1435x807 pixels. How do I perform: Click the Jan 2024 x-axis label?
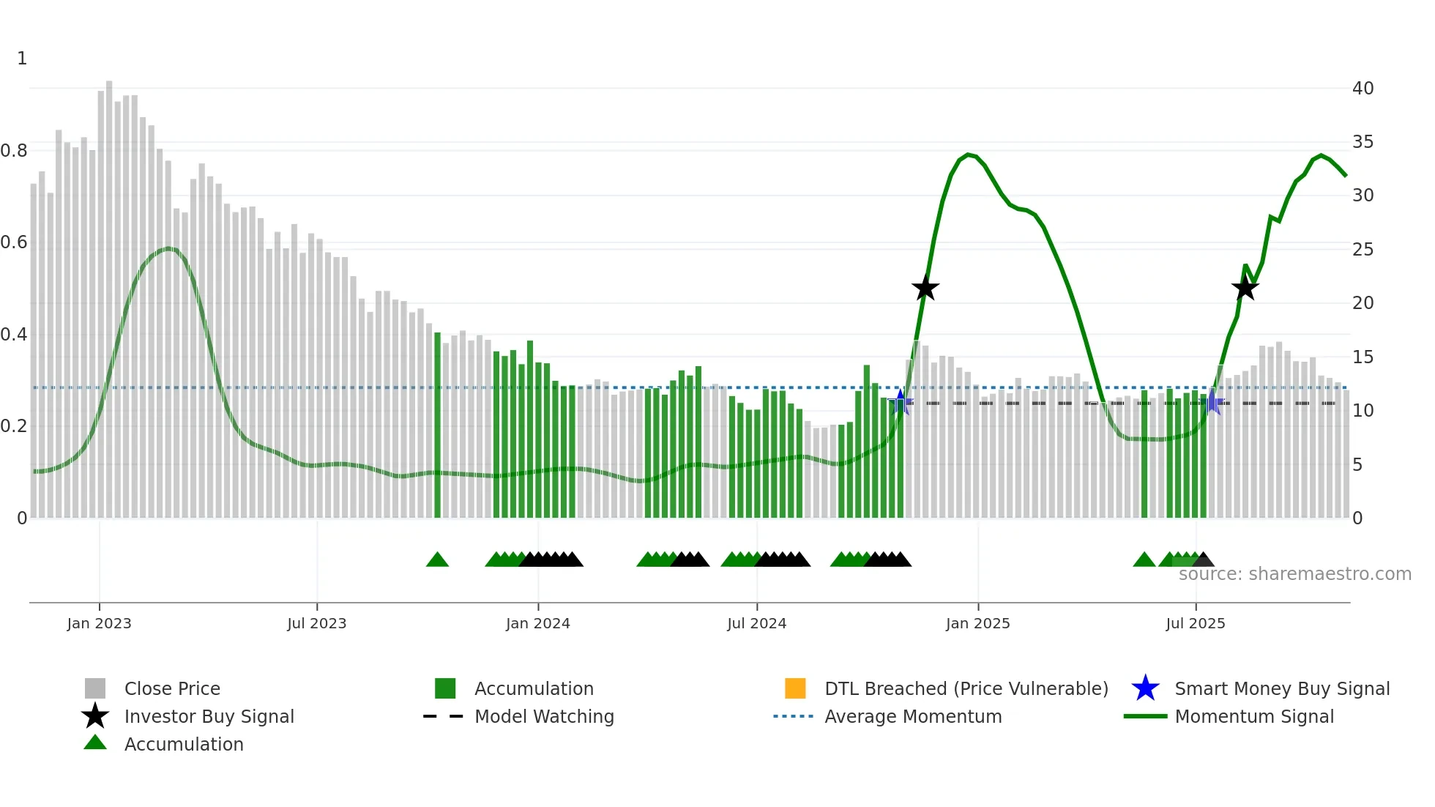pos(537,623)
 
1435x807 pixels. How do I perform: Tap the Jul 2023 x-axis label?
pos(316,623)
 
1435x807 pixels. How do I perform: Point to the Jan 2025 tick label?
pos(977,623)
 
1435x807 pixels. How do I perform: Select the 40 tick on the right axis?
pos(1363,89)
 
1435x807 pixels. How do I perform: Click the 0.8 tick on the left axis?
pos(14,151)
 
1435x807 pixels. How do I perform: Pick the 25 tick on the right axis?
pos(1363,250)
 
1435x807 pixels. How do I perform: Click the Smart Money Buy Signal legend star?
pos(1145,688)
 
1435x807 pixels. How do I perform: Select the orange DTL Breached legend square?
pos(795,688)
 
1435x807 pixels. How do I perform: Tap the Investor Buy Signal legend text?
pos(209,716)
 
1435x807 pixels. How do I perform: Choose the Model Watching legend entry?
pos(543,716)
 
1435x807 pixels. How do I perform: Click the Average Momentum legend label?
pos(913,716)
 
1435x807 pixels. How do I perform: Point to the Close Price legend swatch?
pos(95,688)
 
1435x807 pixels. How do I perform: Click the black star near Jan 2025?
pos(925,289)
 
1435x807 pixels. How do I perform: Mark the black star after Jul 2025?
pos(1245,289)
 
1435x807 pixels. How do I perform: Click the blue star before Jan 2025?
pos(901,401)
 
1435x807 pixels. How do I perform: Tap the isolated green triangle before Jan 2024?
pos(437,560)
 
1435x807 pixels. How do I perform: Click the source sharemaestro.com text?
pos(1294,574)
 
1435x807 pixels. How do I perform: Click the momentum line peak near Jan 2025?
pos(969,155)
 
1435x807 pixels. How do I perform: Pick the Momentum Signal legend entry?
pos(1253,716)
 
